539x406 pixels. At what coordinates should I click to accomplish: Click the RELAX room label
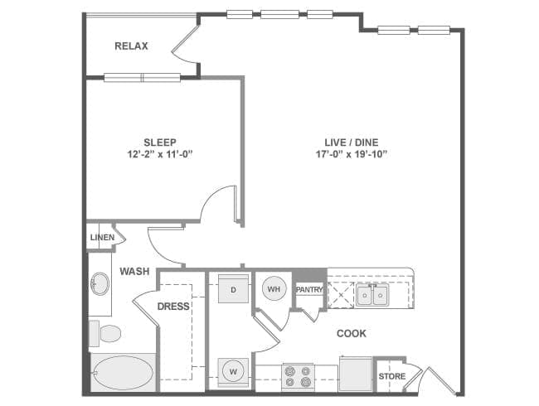pos(131,46)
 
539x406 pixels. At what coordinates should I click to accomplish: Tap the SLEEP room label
pos(160,142)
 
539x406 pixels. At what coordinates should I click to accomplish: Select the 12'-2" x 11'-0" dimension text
pos(160,154)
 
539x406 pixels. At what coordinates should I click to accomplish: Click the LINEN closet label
pos(101,238)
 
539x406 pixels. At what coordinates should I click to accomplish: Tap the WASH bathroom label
pos(134,271)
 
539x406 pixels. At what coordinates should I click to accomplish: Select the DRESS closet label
pos(173,306)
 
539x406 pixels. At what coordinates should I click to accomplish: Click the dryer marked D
pos(233,290)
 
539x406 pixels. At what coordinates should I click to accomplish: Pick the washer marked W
pos(233,371)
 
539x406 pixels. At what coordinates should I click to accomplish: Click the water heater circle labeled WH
pos(273,289)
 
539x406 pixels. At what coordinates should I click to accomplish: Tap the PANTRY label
pos(308,290)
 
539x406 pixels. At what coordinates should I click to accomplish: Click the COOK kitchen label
pos(352,333)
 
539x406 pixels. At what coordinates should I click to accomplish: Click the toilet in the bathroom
pos(105,334)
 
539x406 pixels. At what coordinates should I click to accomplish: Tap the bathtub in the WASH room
pos(123,373)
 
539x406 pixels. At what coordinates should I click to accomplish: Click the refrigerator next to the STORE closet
pos(355,374)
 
